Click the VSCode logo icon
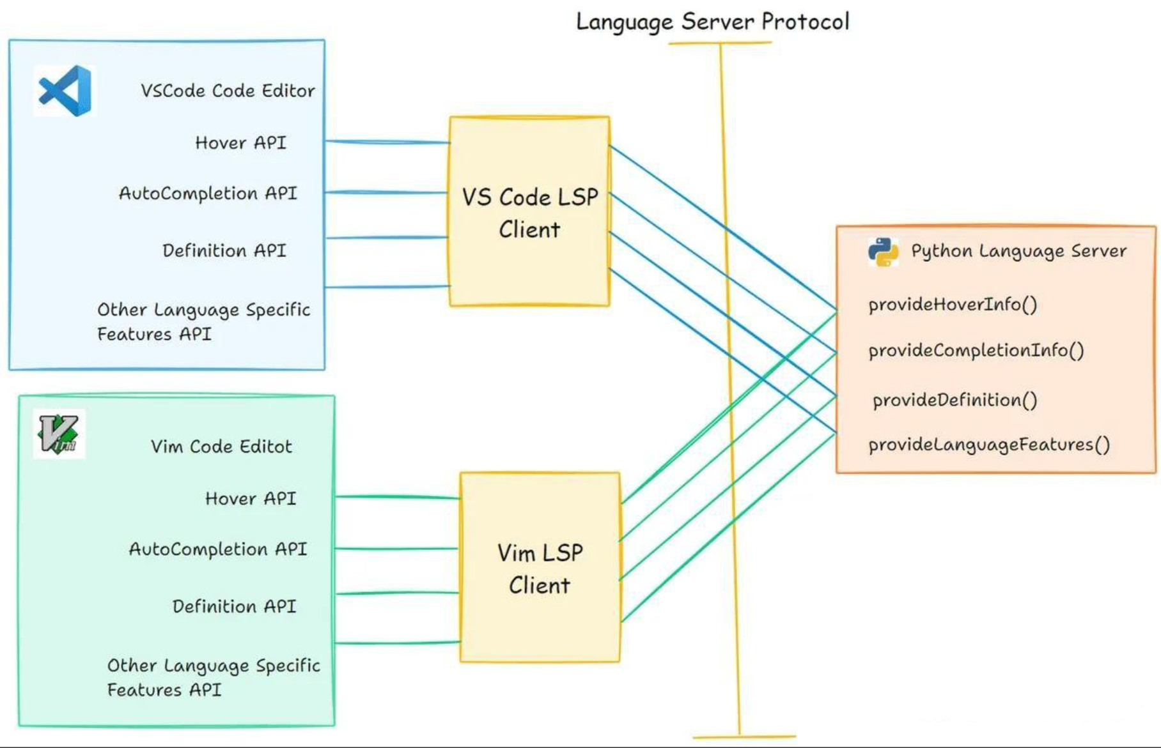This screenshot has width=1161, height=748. click(65, 91)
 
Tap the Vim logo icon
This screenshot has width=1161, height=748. click(59, 434)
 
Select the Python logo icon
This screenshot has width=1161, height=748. click(883, 252)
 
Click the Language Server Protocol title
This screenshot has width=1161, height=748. click(712, 22)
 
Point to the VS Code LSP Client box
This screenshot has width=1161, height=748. click(529, 211)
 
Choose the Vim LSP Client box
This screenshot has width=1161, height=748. click(540, 567)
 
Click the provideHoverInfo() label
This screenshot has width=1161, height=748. click(952, 305)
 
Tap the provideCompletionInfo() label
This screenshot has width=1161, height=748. click(976, 351)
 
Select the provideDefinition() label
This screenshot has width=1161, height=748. click(955, 401)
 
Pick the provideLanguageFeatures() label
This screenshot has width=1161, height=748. click(988, 445)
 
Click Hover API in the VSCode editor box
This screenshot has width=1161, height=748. click(240, 142)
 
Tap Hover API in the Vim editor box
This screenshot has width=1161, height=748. click(251, 498)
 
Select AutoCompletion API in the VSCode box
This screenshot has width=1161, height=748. click(208, 194)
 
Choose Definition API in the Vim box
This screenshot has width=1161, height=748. click(234, 606)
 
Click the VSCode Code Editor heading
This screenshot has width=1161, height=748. click(228, 91)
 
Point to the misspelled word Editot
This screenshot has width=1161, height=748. click(265, 447)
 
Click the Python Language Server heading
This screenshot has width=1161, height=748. click(1018, 251)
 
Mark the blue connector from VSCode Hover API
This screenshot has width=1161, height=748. click(387, 142)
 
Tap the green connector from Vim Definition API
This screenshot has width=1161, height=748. click(396, 593)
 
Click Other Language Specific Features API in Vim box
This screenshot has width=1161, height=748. click(213, 677)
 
